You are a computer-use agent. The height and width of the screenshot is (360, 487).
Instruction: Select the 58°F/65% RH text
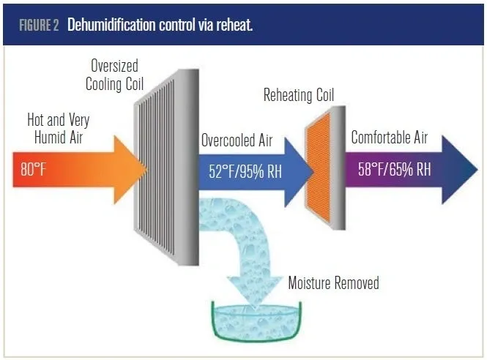pyautogui.click(x=395, y=170)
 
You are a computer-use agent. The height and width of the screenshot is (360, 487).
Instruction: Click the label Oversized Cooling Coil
pyautogui.click(x=113, y=75)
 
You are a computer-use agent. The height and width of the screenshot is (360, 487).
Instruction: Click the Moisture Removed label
pyautogui.click(x=333, y=282)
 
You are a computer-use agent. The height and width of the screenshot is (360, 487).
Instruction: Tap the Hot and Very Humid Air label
pyautogui.click(x=58, y=129)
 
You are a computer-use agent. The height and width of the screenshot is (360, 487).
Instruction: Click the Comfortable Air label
pyautogui.click(x=391, y=138)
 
